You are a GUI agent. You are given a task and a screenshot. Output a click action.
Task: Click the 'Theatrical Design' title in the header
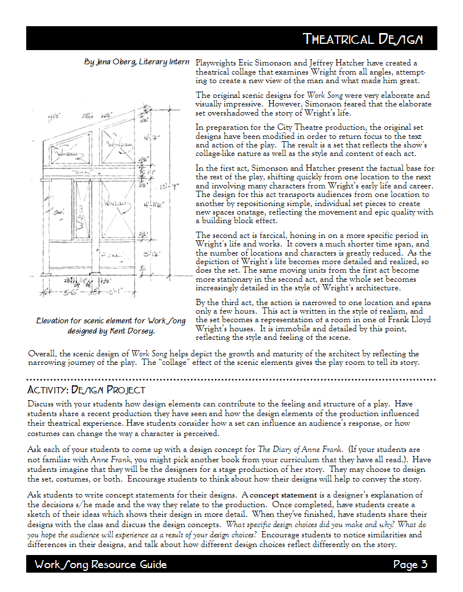click(363, 39)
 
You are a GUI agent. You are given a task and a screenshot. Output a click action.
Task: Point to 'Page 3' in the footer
click(410, 565)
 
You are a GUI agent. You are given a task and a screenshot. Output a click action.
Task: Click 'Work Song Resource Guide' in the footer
click(100, 565)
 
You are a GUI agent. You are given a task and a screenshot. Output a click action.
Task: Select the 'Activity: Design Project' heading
click(86, 390)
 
